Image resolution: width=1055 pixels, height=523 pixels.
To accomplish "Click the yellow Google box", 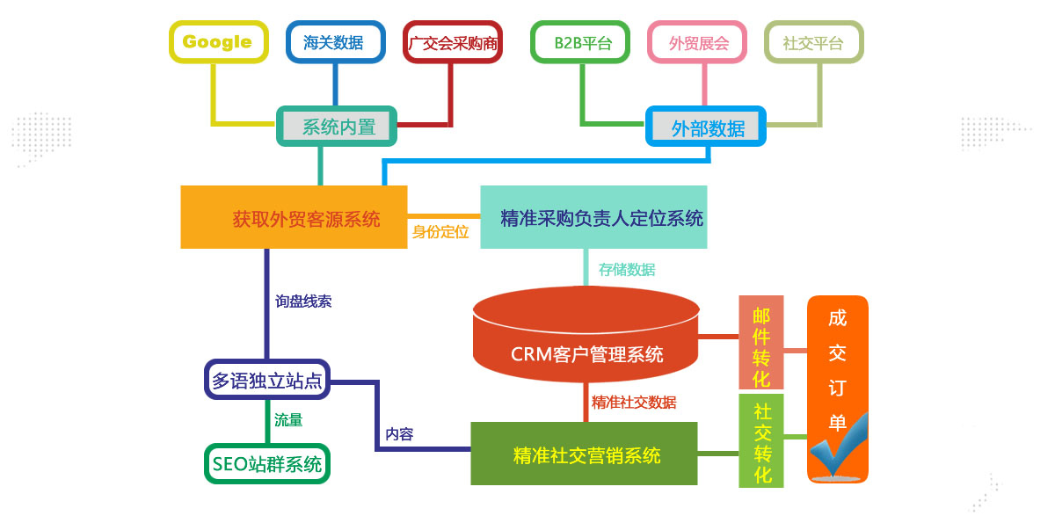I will click(x=218, y=42).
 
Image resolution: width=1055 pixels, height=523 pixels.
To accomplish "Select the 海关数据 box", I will click(x=335, y=42).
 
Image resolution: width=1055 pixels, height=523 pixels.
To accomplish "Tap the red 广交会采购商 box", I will click(x=453, y=42).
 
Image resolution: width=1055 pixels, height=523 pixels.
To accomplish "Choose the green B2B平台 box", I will click(x=581, y=42).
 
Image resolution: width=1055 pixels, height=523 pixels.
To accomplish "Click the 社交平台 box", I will click(x=813, y=42).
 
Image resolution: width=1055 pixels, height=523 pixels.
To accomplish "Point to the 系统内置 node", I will click(x=338, y=127).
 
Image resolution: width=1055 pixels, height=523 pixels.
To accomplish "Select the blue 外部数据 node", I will click(x=707, y=127).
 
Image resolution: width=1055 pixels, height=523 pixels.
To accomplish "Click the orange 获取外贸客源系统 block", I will click(x=294, y=217).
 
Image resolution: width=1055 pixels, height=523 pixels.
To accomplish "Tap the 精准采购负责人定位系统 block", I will click(x=593, y=217).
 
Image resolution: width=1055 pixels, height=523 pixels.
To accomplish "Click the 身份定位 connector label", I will click(x=440, y=233).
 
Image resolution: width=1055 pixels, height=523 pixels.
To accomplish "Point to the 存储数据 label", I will click(x=627, y=270).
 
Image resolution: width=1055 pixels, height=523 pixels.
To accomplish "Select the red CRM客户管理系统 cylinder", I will click(x=586, y=343).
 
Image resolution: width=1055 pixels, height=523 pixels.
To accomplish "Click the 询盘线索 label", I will click(x=302, y=301).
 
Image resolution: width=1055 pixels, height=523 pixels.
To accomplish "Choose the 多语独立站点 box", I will click(x=267, y=380).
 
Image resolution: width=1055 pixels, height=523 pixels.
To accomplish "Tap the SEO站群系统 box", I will click(x=267, y=463).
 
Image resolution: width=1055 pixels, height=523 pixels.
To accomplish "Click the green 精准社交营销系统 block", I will click(x=584, y=454).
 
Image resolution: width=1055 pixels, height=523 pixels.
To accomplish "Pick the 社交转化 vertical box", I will click(x=761, y=441).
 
